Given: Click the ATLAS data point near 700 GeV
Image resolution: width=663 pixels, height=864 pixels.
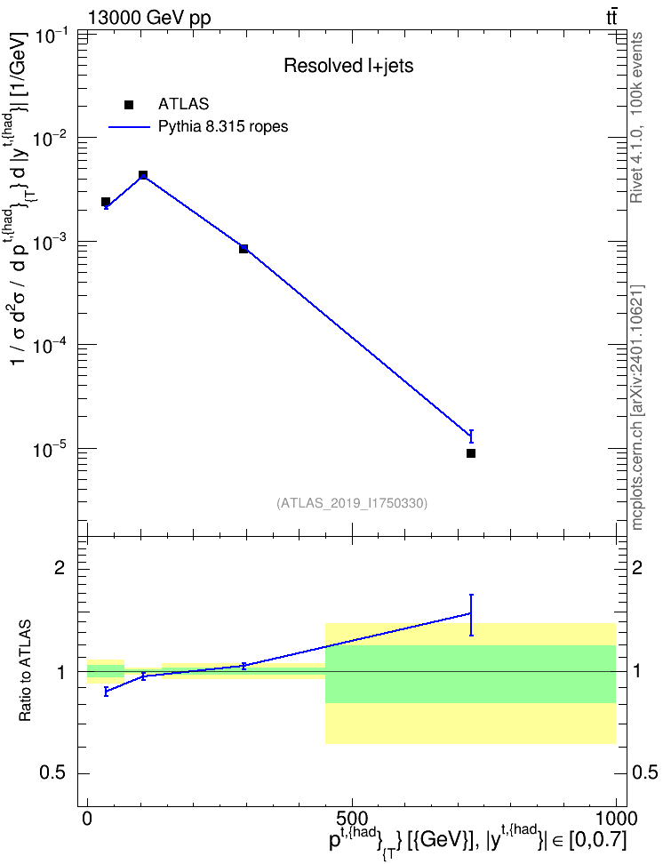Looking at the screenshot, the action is click(x=471, y=453).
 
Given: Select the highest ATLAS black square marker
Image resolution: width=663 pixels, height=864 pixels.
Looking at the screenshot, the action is click(x=143, y=175).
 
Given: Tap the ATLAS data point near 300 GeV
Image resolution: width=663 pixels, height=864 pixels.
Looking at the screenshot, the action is click(x=244, y=249).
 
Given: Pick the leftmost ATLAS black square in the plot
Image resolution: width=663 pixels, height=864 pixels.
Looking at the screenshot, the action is click(x=106, y=202).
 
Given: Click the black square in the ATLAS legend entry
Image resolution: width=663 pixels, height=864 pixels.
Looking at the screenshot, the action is click(x=129, y=105).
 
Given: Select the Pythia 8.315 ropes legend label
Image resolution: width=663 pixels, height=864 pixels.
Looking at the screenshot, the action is click(x=223, y=127).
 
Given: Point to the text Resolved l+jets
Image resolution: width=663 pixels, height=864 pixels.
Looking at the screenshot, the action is click(x=348, y=66).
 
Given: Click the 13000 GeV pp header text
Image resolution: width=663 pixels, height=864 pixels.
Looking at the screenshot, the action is click(x=148, y=18).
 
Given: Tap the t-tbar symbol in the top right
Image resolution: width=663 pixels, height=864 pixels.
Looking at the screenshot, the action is click(x=611, y=18).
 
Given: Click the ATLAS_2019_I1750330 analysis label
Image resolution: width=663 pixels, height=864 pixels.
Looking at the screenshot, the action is click(x=352, y=503).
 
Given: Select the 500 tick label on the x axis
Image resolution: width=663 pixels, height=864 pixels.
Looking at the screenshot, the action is click(x=352, y=819).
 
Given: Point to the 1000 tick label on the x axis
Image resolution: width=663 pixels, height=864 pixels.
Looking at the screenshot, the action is click(x=615, y=819).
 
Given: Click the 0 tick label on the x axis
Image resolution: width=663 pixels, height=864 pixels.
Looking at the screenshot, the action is click(x=88, y=819).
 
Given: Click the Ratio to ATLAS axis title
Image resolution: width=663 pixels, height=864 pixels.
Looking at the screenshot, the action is click(x=25, y=670).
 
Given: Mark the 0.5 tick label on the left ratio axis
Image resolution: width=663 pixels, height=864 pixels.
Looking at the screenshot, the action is click(x=52, y=773).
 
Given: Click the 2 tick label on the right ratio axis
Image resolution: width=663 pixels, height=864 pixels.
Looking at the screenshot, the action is click(x=637, y=567).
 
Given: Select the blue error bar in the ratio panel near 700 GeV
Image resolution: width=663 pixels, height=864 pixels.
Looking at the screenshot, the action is click(x=471, y=615).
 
